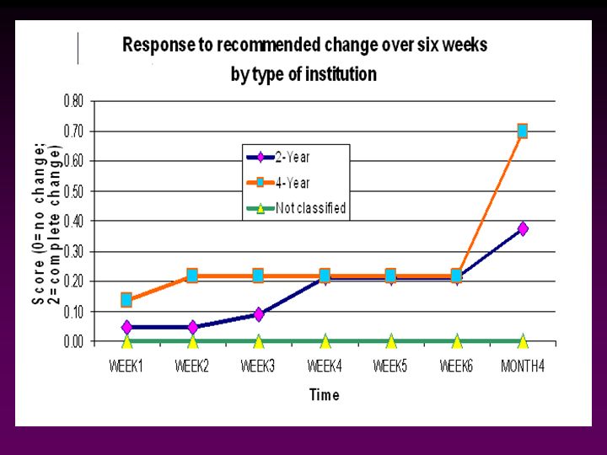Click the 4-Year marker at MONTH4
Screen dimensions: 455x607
pos(523,131)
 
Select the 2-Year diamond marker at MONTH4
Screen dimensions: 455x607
pos(523,228)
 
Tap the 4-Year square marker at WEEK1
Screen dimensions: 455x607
pos(126,299)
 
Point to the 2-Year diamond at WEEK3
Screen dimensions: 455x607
pos(259,314)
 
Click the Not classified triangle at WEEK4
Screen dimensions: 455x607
pos(325,341)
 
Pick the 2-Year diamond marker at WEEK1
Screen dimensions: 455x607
pos(126,327)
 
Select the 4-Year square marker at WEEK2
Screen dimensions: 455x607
pos(192,276)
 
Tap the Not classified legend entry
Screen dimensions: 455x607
pos(303,208)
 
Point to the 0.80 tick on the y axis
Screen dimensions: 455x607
pos(73,100)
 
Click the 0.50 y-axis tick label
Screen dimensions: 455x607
pos(73,191)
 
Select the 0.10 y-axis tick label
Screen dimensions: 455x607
pos(73,312)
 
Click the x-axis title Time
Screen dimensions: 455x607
pos(325,394)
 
